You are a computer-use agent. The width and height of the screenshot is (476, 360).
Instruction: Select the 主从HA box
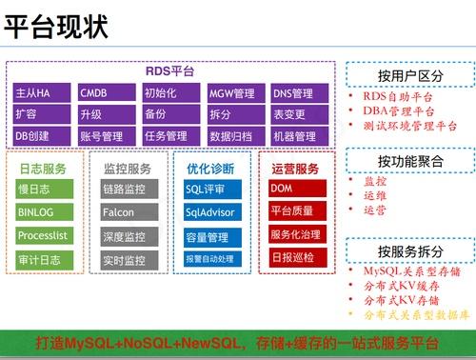point(39,93)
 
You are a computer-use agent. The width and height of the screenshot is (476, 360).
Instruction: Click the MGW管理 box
point(234,93)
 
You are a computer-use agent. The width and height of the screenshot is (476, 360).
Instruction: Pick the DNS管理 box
point(300,93)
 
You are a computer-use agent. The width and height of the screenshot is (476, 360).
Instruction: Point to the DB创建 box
point(39,135)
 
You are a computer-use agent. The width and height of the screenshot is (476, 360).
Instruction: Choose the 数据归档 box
point(234,135)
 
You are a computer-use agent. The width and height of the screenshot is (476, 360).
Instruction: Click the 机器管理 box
point(300,135)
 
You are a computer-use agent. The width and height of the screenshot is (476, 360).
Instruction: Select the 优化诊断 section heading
point(210,169)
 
